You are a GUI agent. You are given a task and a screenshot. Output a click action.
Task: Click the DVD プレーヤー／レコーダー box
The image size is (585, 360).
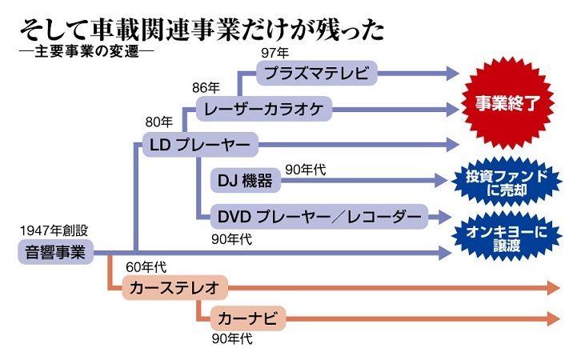click(x=319, y=216)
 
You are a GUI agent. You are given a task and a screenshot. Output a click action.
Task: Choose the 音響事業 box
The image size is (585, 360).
click(x=54, y=253)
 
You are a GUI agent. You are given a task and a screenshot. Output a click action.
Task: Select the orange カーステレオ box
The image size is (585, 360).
click(x=174, y=287)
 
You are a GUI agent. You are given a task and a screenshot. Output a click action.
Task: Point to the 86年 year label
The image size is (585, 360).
click(x=206, y=88)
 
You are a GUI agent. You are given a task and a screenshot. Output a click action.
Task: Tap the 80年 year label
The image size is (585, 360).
click(x=158, y=123)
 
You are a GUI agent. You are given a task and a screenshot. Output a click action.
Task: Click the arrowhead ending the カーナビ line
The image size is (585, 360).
click(x=552, y=318)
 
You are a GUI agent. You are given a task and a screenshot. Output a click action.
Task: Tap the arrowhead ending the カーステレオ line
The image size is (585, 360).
click(x=552, y=287)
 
